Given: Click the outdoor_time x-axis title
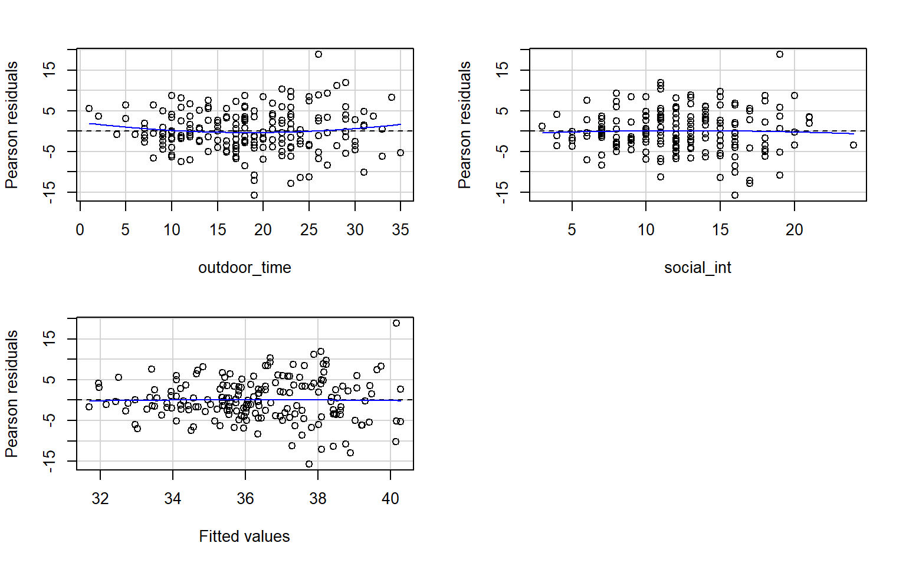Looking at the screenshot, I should [x=245, y=268].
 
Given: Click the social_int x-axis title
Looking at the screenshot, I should [x=697, y=268].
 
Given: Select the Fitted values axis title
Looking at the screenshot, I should [x=244, y=537].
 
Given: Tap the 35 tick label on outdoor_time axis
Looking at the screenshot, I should [x=401, y=230].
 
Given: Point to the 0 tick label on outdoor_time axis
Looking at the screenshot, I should [x=80, y=230].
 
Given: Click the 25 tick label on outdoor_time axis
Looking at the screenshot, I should [x=309, y=230].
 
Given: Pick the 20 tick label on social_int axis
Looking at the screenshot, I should [x=794, y=230].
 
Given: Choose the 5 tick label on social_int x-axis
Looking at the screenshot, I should [x=572, y=230].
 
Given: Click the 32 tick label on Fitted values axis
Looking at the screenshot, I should [x=100, y=499].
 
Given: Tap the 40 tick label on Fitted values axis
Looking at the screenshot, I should [x=390, y=499].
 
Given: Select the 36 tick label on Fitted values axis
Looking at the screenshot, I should [x=245, y=499].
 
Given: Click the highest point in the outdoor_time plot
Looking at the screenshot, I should [x=319, y=54].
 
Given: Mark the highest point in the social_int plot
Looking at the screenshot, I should [x=780, y=54].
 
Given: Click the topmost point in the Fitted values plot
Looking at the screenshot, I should [x=396, y=323].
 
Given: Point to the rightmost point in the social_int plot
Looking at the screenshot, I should [x=854, y=145].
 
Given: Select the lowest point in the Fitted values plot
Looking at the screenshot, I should [x=309, y=464].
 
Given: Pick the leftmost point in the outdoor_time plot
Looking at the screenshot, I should [x=89, y=108].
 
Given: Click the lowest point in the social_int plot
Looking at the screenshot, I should [x=735, y=195].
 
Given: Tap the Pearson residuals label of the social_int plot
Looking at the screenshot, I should [x=465, y=125].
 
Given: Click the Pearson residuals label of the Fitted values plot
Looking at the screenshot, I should [x=12, y=394].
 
